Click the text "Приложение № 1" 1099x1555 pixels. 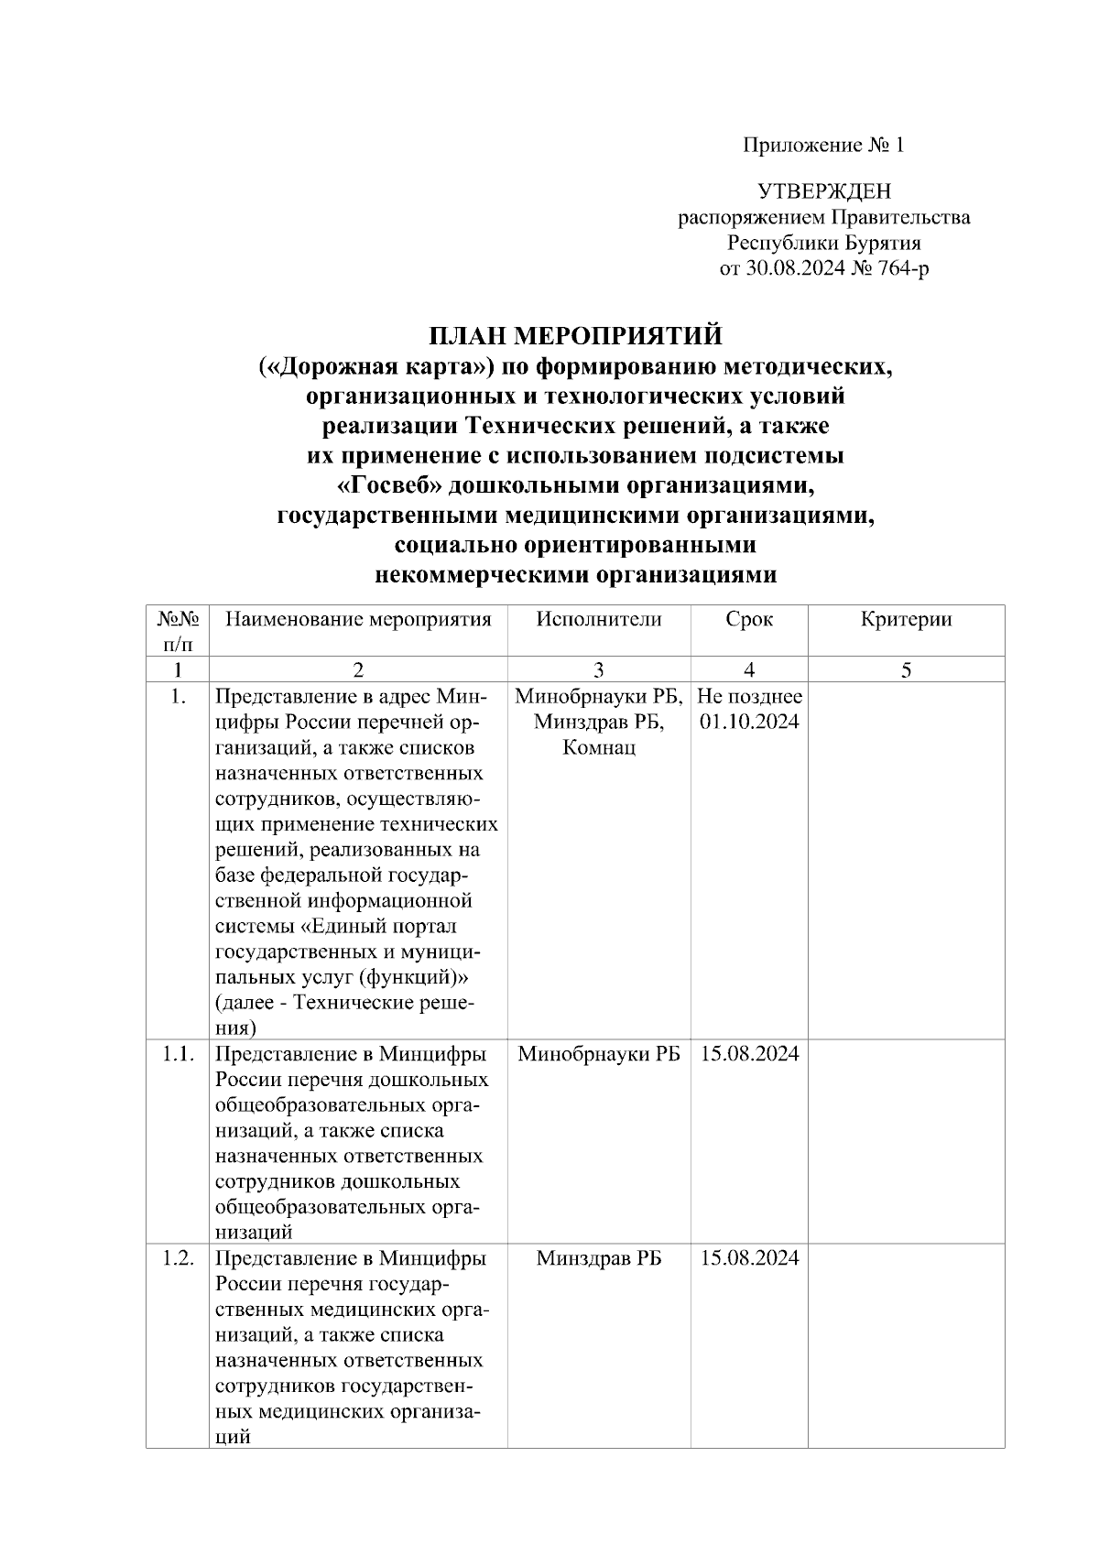822,146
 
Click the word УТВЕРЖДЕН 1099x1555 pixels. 823,191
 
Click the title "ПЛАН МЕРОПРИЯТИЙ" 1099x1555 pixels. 576,336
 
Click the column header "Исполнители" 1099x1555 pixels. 599,619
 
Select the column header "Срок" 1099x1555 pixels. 748,619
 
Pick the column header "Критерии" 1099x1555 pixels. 905,619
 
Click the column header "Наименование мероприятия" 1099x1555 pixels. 358,619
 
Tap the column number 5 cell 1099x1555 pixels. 905,670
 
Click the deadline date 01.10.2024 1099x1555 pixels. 749,722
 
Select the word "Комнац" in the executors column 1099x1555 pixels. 599,747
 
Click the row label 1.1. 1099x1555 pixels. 179,1054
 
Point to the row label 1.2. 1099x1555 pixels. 179,1258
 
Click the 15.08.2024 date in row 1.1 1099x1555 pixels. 749,1054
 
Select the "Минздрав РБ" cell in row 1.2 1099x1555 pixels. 599,1258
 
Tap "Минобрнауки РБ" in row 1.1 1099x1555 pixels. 599,1054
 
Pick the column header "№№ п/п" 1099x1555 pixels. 179,631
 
